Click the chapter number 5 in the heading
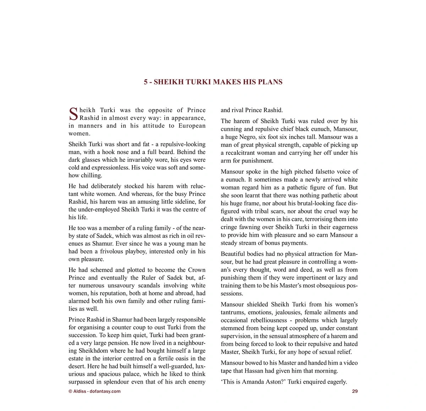coord(146,82)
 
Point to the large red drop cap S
coord(73,114)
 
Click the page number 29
coord(355,391)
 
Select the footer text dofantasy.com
coord(105,391)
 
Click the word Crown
coord(197,270)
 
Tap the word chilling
coord(91,175)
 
